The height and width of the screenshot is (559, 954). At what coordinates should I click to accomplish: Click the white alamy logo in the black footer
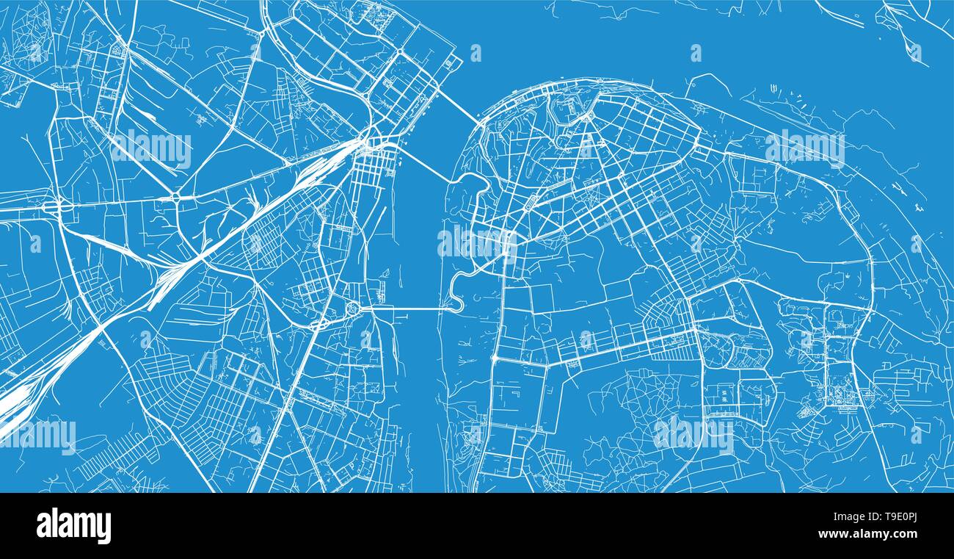coord(74,527)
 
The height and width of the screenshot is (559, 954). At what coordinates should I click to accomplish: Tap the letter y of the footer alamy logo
coord(104,529)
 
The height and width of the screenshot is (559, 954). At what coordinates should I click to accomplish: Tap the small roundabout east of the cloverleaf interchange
coord(175,198)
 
